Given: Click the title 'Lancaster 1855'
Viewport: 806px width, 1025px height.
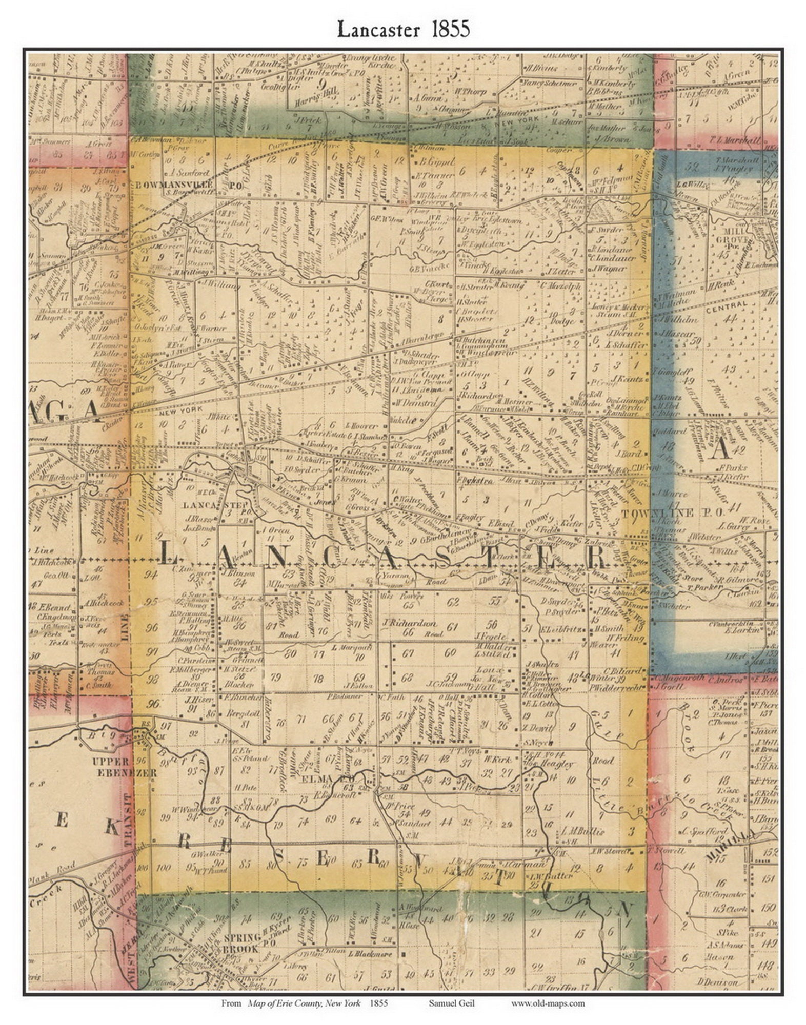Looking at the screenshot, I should coord(403,29).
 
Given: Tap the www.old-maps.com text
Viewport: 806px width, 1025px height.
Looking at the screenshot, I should coord(547,1003).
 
